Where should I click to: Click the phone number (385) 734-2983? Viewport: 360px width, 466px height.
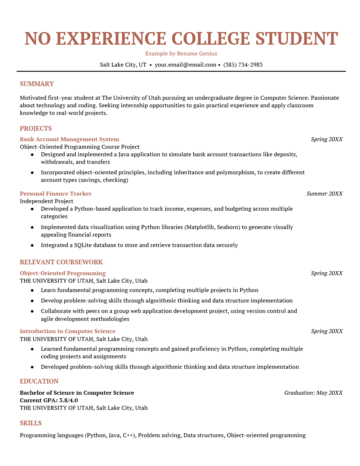pos(243,65)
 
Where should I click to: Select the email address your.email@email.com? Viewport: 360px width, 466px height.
pos(185,65)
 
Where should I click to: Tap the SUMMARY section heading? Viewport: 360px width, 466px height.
pos(37,84)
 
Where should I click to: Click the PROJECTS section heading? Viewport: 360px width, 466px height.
pos(36,129)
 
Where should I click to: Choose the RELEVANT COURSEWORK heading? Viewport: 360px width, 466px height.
pos(61,262)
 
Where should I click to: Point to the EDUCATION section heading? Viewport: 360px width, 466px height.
pos(39,381)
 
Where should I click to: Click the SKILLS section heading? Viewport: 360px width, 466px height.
pos(31,423)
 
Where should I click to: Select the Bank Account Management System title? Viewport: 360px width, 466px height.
pos(69,139)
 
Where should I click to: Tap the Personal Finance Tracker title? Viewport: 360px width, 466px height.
pos(55,194)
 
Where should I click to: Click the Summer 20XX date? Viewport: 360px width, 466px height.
pos(324,194)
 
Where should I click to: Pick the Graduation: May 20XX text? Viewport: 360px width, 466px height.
pos(313,393)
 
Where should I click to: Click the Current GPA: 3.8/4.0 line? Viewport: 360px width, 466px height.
pos(49,400)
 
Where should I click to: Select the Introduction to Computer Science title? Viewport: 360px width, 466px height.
pos(67,331)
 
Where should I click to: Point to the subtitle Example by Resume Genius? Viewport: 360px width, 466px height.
pos(181,54)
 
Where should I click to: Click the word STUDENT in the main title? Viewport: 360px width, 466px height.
pos(297,39)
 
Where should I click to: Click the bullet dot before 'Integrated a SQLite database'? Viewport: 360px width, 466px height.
pos(32,245)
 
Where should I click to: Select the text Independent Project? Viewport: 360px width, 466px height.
pos(46,201)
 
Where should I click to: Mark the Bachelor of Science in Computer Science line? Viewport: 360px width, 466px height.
pos(77,393)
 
